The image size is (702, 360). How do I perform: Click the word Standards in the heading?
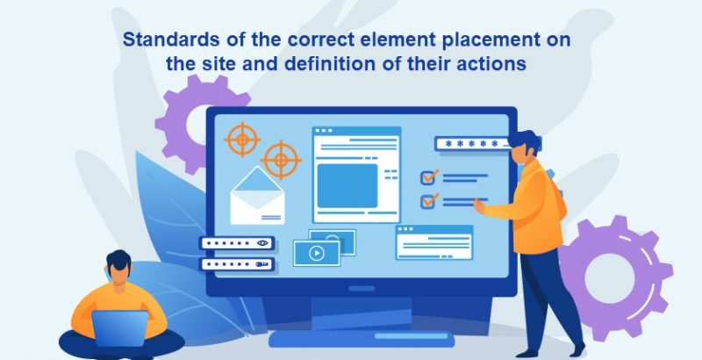pos(171,40)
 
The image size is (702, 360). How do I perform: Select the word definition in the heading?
pos(331,63)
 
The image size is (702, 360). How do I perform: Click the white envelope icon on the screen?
pos(257,196)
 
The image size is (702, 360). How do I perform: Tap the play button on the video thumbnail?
pos(317,254)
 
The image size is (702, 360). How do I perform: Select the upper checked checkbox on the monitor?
pos(429,177)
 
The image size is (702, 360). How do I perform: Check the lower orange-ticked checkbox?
pos(429,201)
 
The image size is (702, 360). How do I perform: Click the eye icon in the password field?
pos(262,243)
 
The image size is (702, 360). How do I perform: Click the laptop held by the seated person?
pos(119,328)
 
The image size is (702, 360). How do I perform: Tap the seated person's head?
pos(118,266)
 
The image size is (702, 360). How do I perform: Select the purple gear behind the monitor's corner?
pos(193,122)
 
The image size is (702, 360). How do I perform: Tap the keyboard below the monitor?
pos(361,339)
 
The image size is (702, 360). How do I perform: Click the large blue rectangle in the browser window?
pos(347,186)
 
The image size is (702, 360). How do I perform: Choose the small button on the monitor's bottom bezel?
pos(362,288)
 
